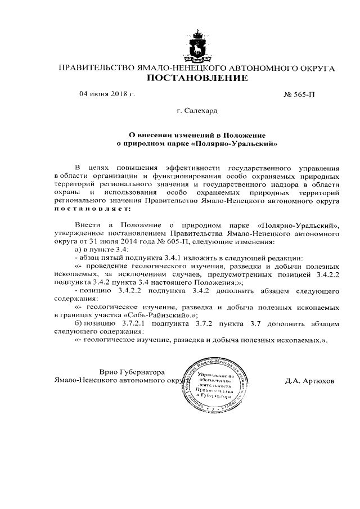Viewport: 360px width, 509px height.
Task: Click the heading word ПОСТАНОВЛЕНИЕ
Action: click(x=197, y=78)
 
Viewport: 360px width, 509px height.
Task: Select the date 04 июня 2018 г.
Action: click(x=107, y=94)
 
